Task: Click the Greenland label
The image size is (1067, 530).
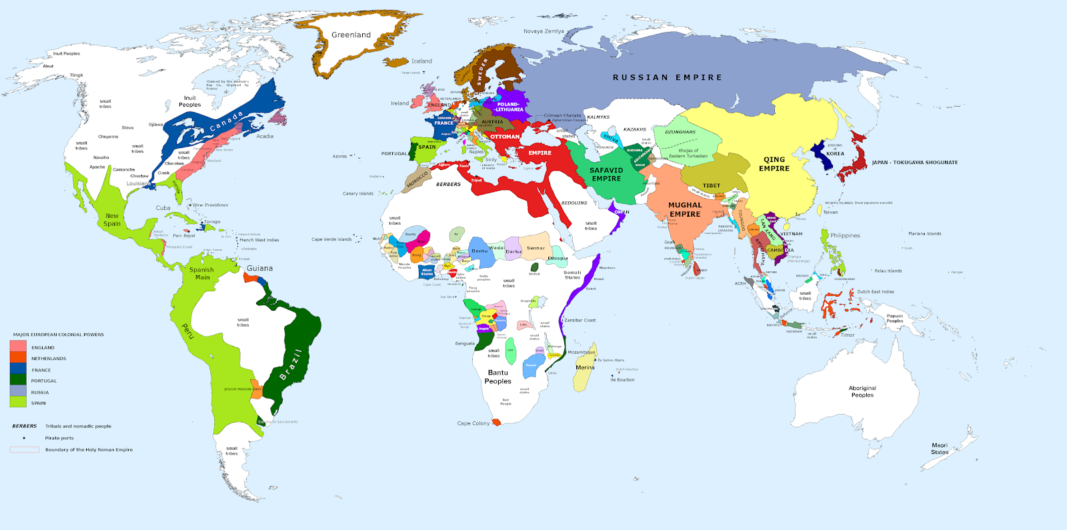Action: click(351, 35)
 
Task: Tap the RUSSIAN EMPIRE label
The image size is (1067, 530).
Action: click(667, 77)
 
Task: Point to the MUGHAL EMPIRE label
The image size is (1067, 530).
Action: click(685, 209)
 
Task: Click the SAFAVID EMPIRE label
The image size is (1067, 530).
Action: click(606, 174)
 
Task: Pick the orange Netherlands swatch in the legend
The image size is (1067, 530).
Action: click(18, 358)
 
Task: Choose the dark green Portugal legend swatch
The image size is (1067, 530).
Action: click(18, 380)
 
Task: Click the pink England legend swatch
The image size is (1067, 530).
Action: click(18, 347)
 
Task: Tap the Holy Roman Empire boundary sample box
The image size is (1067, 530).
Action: click(24, 449)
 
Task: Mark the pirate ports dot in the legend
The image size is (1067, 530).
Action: click(24, 438)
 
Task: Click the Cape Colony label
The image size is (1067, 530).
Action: click(473, 423)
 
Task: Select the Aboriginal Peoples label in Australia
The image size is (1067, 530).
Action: click(862, 391)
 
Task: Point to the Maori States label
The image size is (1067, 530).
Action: click(939, 449)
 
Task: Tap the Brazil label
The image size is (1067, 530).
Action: click(291, 365)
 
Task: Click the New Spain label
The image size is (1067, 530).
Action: click(112, 219)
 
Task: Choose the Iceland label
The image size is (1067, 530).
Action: click(421, 61)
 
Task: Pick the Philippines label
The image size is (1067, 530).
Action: click(845, 235)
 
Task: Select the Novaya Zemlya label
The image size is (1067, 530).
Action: click(544, 31)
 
